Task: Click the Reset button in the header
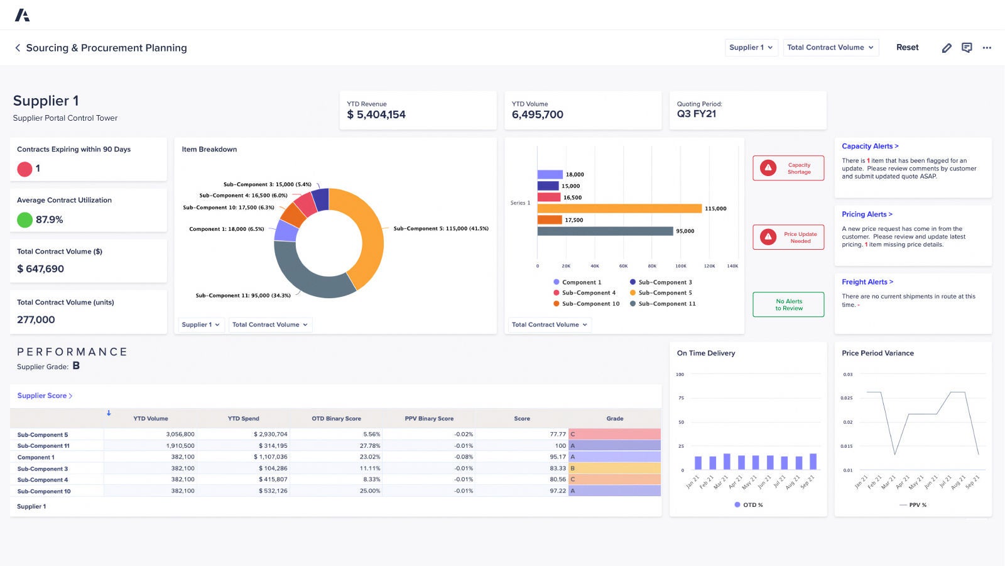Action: pos(907,47)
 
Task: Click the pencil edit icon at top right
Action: pos(947,48)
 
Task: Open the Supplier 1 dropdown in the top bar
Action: pos(751,47)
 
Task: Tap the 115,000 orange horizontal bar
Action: pos(619,208)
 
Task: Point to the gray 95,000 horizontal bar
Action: pos(605,231)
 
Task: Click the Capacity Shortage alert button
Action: pos(788,168)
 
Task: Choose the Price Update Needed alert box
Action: pos(788,237)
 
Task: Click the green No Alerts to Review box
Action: pos(788,304)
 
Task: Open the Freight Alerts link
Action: pos(867,282)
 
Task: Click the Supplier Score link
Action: pos(45,396)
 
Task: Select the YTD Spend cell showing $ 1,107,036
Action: pos(271,457)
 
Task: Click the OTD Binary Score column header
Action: pos(336,418)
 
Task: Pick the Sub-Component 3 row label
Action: pos(43,469)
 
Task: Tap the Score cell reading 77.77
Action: pos(557,434)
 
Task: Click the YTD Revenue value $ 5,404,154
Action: pos(376,114)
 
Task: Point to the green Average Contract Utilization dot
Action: pos(24,219)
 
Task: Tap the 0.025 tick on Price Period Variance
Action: pos(847,398)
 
